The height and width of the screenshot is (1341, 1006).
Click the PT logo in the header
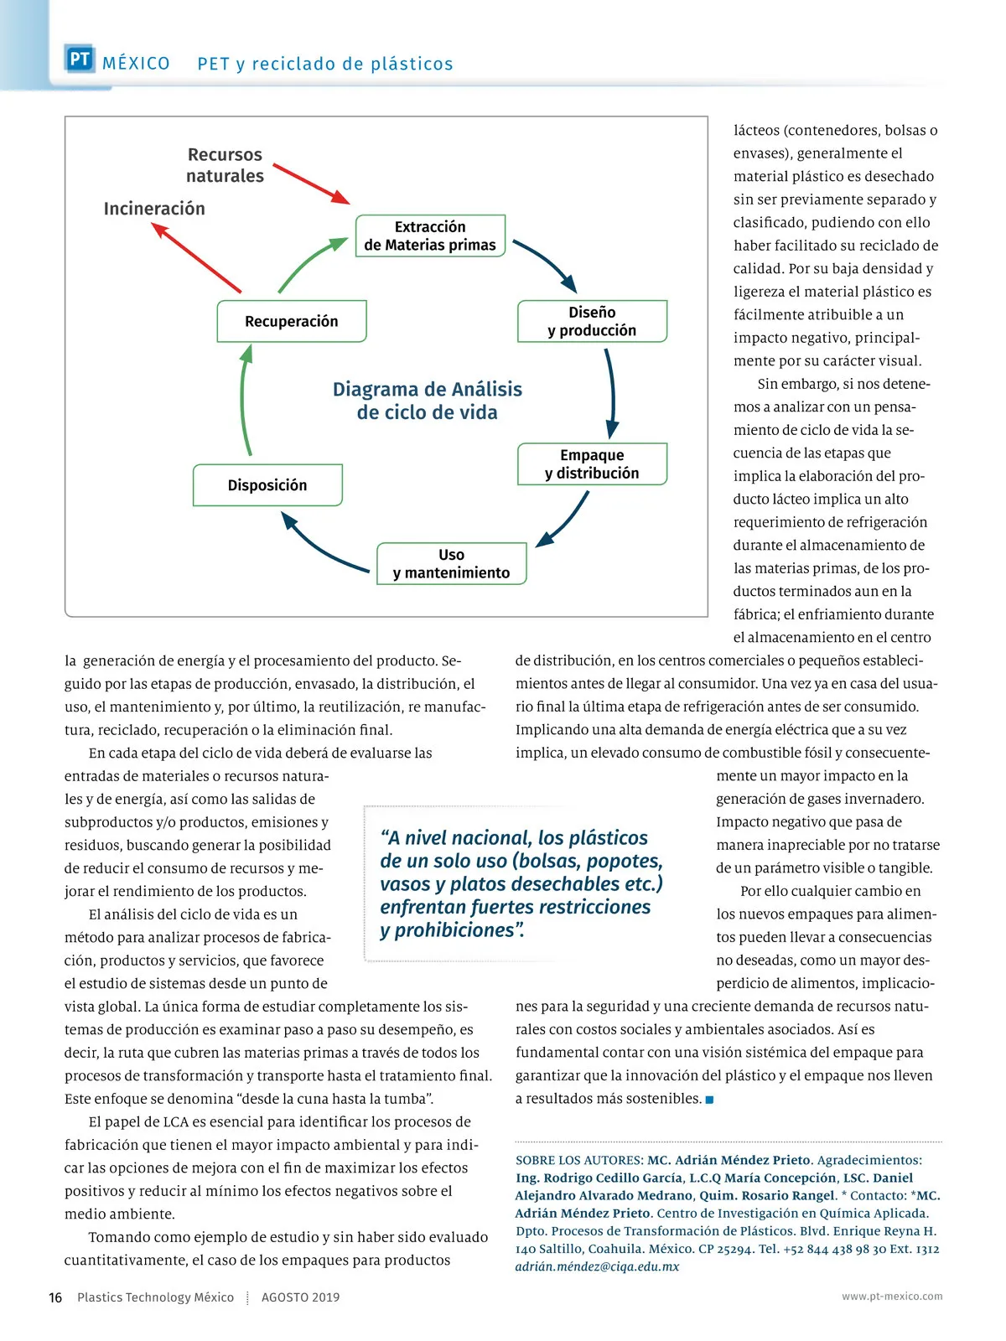click(80, 60)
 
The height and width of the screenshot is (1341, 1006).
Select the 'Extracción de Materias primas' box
click(430, 236)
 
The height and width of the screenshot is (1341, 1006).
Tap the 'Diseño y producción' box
click(592, 321)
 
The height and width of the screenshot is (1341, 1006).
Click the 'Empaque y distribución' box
click(592, 463)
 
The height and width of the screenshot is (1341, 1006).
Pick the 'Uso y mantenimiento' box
click(451, 563)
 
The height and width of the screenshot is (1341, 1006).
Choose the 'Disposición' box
click(267, 485)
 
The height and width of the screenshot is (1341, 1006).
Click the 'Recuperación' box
click(292, 321)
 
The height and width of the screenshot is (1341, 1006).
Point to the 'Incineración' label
click(154, 209)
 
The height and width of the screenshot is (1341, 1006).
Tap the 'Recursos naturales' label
click(225, 165)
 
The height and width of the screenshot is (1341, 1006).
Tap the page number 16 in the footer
click(55, 1297)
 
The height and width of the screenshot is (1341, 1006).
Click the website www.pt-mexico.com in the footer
click(892, 1296)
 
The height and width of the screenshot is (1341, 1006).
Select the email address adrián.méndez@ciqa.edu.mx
click(597, 1266)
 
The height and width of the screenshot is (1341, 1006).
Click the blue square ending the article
click(710, 1100)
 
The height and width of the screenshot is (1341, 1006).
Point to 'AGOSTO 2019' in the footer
click(300, 1297)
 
